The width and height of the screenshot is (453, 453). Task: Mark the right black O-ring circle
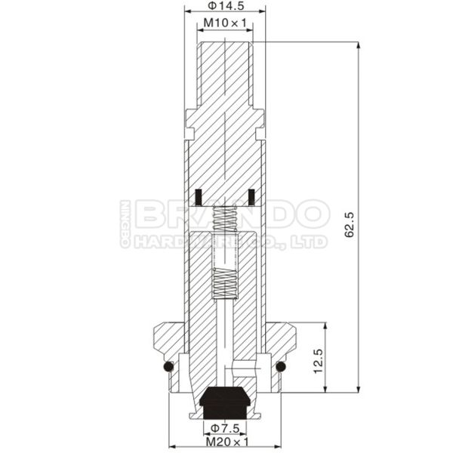tap(280, 367)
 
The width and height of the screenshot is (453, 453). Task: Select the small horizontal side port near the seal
tap(243, 371)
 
